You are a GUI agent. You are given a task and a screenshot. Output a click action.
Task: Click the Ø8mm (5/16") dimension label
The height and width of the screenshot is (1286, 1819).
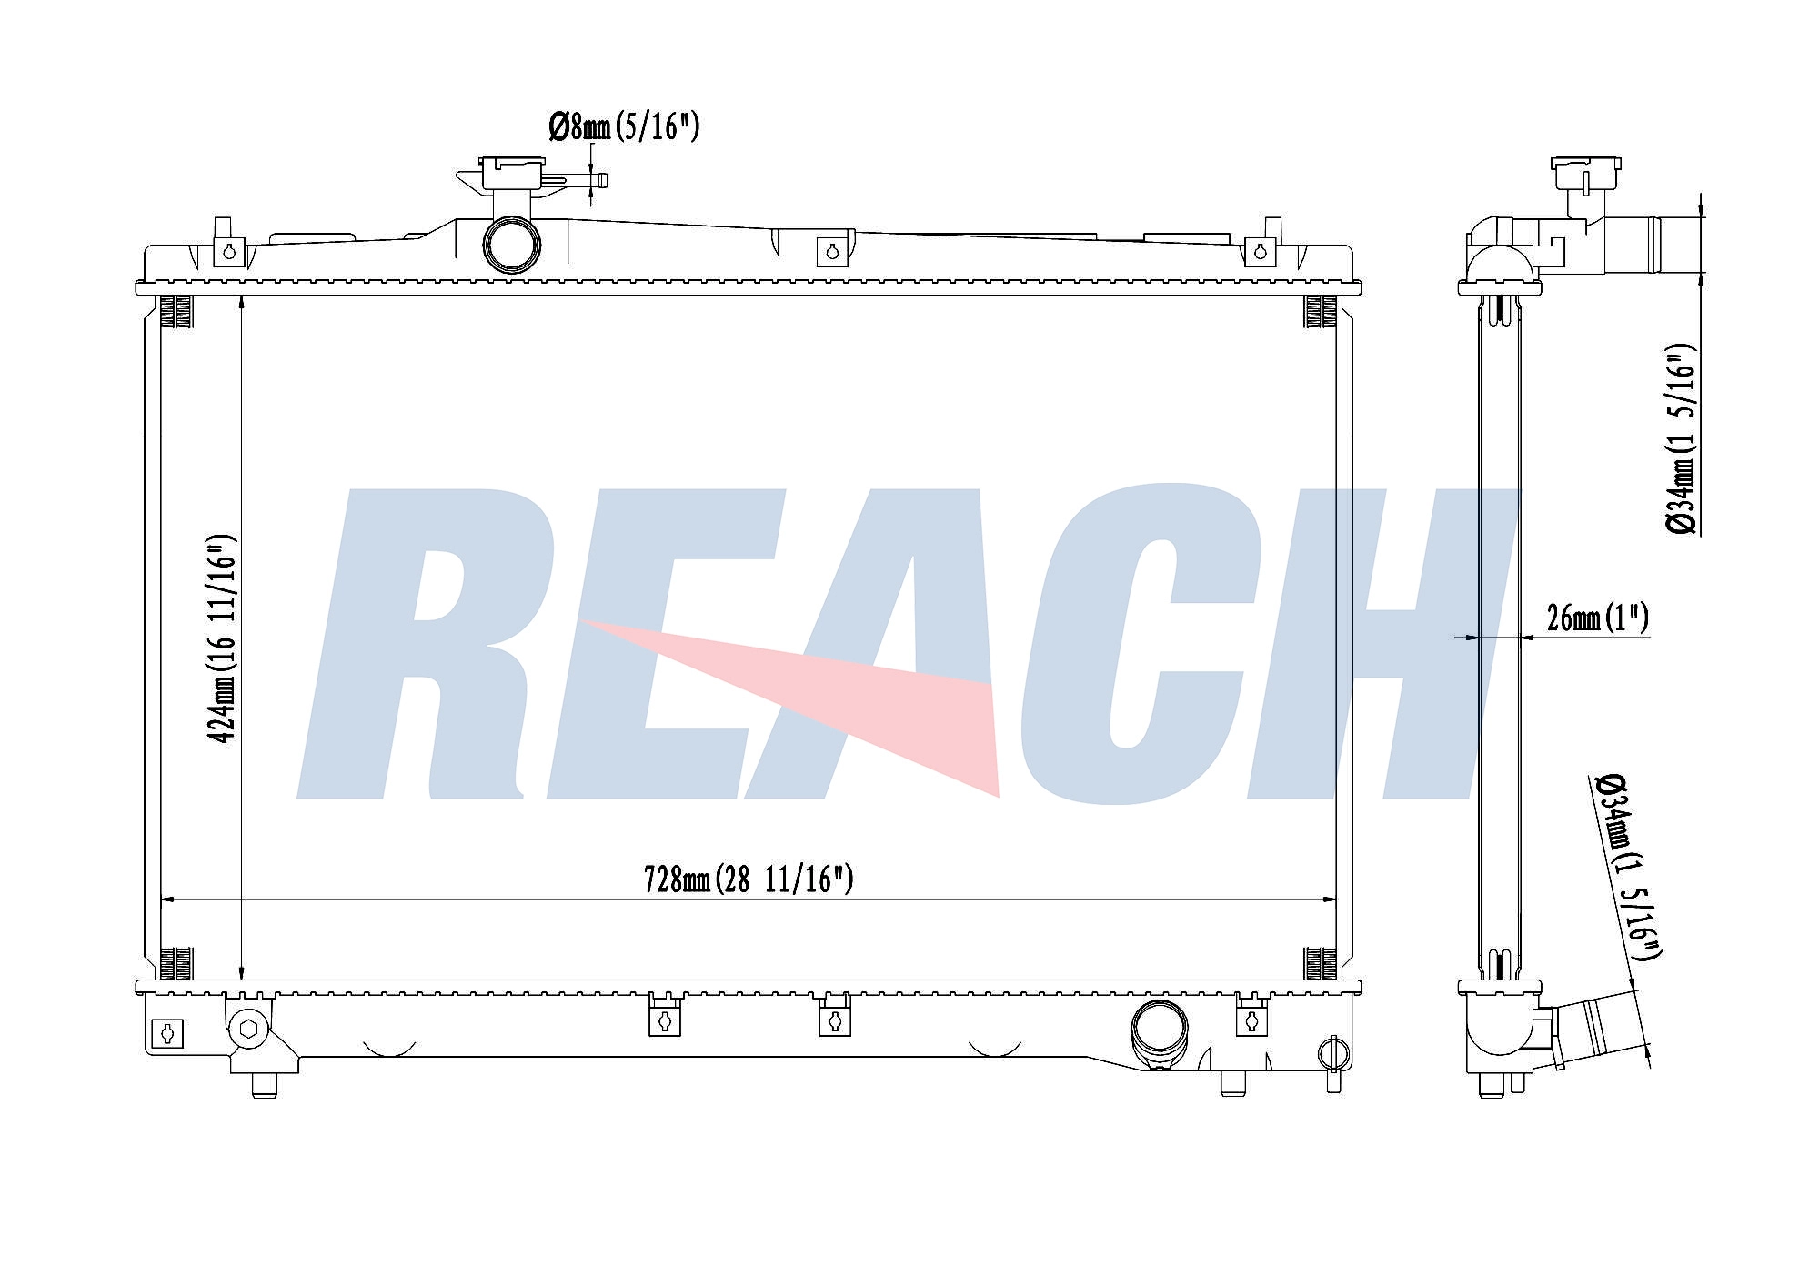(624, 127)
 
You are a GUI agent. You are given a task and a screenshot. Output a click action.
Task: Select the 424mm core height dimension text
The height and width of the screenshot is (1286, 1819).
(223, 638)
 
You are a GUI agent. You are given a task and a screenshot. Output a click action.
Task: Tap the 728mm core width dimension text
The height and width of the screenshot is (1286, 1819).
(749, 879)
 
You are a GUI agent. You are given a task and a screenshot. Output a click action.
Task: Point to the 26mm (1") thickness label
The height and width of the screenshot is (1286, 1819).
(1598, 618)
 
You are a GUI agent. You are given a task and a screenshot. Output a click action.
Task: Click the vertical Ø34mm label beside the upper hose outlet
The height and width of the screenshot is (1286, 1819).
(1682, 438)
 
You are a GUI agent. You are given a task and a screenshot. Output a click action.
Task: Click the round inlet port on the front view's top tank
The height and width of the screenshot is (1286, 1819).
(511, 244)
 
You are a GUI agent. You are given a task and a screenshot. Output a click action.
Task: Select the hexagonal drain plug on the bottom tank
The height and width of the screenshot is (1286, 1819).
(248, 1030)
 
